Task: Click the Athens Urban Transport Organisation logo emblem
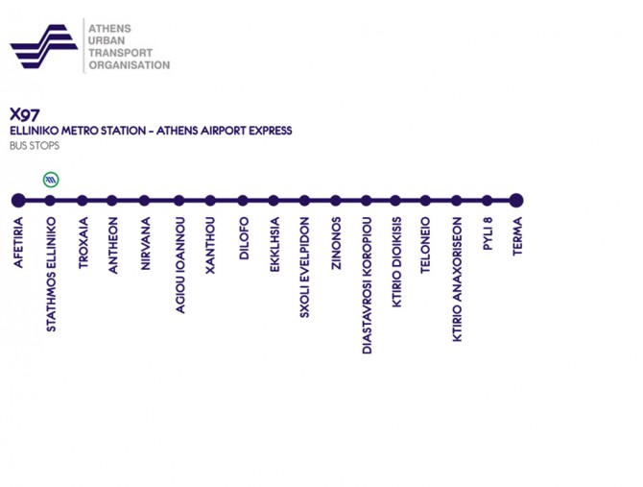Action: pyautogui.click(x=43, y=45)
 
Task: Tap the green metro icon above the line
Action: pyautogui.click(x=51, y=179)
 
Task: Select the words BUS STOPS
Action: pyautogui.click(x=35, y=146)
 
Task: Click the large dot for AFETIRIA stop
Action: pyautogui.click(x=17, y=201)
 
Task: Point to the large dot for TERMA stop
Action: pyautogui.click(x=516, y=201)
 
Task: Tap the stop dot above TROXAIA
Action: pyautogui.click(x=83, y=201)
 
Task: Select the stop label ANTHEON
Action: pyautogui.click(x=113, y=247)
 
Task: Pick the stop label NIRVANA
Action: pyautogui.click(x=145, y=246)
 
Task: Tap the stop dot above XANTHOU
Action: pyautogui.click(x=210, y=201)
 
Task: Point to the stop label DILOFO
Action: pyautogui.click(x=244, y=241)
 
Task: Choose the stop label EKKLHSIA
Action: pyautogui.click(x=274, y=247)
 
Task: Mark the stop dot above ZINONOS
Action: pyautogui.click(x=336, y=201)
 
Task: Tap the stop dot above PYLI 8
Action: pyautogui.click(x=488, y=201)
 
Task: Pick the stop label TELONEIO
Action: pyautogui.click(x=426, y=249)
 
